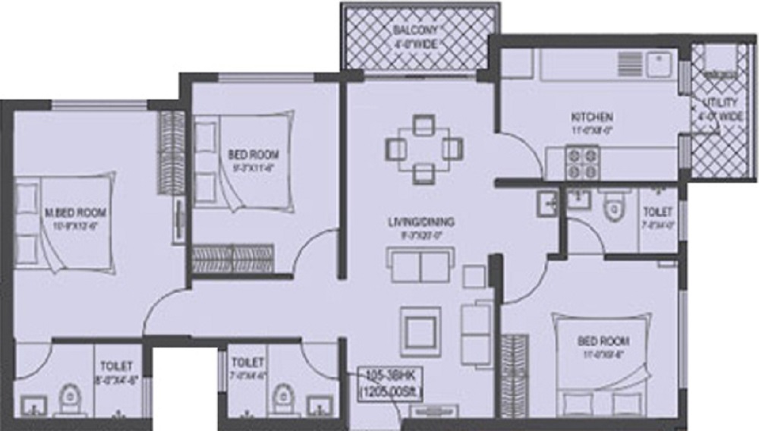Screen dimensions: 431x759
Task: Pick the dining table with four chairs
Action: [424, 149]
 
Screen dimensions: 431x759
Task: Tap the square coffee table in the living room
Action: [420, 327]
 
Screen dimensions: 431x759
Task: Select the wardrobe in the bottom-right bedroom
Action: [514, 373]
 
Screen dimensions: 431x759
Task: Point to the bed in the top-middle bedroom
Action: [241, 161]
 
